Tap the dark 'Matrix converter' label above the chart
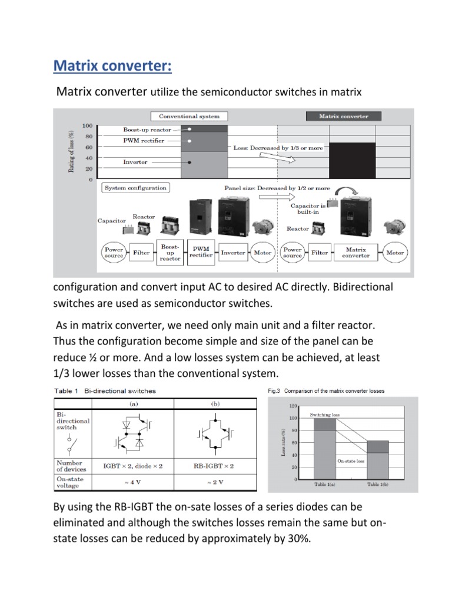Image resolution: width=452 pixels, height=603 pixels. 344,116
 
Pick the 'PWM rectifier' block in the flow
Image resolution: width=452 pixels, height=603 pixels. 201,253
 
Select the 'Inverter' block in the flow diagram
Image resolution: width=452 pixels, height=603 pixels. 233,253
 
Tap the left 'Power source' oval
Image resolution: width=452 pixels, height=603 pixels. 114,253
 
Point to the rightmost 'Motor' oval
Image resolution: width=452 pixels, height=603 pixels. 395,253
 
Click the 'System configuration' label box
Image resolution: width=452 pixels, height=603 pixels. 135,188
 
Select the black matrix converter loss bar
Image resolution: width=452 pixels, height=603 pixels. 352,160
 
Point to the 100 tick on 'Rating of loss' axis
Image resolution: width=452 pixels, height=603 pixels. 88,126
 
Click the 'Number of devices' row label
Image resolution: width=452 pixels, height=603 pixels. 69,466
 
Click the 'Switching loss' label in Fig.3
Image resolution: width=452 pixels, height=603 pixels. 325,415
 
